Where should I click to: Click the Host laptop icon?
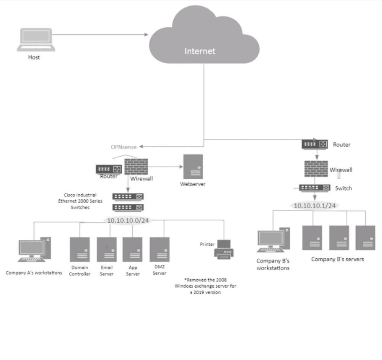tap(36, 40)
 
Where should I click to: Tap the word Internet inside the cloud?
tap(200, 51)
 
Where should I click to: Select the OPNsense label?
tap(124, 147)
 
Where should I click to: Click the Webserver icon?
tap(193, 167)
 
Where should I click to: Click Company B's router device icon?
tap(315, 144)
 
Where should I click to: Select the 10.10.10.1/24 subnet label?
tap(314, 205)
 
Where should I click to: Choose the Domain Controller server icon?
tap(80, 250)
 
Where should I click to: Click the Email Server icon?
tap(107, 250)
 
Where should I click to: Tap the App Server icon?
tap(132, 250)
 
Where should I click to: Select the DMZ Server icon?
tap(159, 250)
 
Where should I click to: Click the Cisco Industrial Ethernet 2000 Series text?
tap(80, 201)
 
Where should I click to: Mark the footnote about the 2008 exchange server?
tap(205, 286)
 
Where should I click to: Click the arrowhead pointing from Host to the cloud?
tap(146, 34)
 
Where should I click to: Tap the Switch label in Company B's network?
tap(343, 188)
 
